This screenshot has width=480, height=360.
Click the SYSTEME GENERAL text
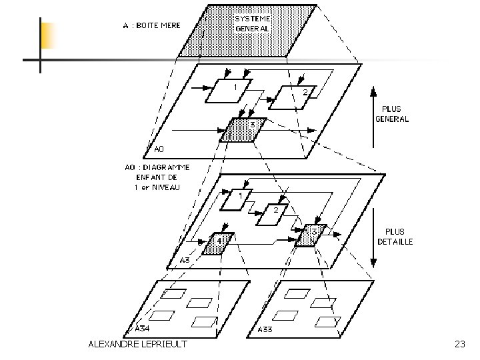point(252,23)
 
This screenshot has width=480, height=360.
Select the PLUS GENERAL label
point(393,114)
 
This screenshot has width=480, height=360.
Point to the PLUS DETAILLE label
point(395,237)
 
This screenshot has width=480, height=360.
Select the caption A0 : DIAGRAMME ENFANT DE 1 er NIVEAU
point(157,176)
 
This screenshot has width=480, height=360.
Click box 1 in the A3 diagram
point(236,199)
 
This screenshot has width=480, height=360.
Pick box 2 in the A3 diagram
point(271,215)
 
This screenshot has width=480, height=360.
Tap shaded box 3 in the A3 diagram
point(311,235)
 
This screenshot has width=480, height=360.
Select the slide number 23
point(459,344)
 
